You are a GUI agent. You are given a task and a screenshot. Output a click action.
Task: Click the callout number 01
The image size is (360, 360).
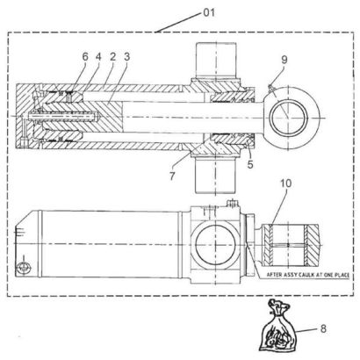tap(209, 12)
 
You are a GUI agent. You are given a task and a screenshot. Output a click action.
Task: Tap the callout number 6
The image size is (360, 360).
tap(85, 57)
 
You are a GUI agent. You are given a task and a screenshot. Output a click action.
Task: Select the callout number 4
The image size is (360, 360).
tap(97, 57)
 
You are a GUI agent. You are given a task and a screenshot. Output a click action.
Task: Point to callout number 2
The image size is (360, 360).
tap(112, 57)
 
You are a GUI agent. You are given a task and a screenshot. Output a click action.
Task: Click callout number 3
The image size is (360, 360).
tap(126, 57)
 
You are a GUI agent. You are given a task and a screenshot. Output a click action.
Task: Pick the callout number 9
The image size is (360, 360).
tap(284, 60)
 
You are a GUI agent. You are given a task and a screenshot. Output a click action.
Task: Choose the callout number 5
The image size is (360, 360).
tap(250, 164)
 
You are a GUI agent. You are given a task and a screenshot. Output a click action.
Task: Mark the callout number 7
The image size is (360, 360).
tap(172, 176)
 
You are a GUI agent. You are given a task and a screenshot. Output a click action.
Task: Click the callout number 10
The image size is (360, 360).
tap(286, 184)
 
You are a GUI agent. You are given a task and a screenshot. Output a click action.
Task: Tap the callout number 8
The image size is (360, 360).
tap(323, 328)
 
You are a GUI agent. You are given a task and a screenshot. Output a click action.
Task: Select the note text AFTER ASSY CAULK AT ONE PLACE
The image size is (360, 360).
tap(308, 275)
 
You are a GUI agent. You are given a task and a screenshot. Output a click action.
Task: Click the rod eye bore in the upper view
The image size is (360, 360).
tap(289, 118)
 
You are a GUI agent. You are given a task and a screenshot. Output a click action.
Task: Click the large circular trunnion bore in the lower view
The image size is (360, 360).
tap(215, 245)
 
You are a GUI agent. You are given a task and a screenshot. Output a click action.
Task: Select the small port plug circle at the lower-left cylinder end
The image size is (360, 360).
tap(24, 267)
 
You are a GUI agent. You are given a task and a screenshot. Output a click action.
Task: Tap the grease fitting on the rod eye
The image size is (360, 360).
tap(270, 87)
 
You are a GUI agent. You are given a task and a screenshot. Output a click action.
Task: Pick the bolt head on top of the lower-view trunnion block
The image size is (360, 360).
tap(233, 203)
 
